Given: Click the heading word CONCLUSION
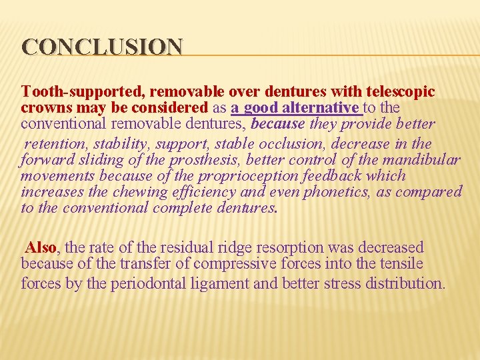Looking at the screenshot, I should point(102,47).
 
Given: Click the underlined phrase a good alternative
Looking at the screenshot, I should point(295,107).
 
